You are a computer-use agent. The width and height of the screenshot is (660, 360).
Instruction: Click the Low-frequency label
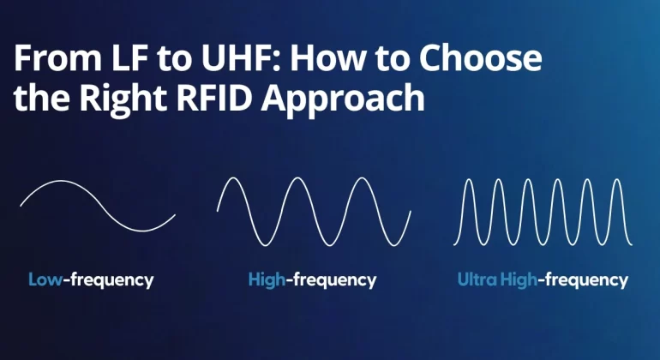91,279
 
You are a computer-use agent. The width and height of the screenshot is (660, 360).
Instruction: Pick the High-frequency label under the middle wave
312,279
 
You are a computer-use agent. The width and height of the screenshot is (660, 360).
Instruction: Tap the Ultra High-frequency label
543,279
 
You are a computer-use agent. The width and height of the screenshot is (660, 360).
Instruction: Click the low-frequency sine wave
98,206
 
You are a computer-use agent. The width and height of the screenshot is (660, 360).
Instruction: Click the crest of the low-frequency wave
58,182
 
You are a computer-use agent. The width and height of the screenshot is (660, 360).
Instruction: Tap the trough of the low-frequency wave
137,230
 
